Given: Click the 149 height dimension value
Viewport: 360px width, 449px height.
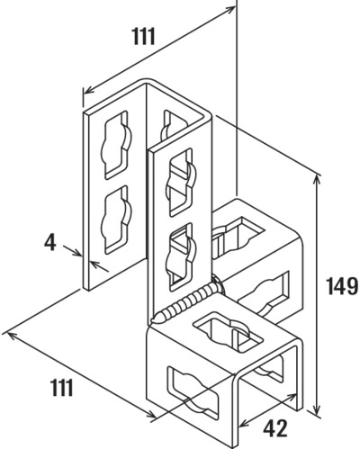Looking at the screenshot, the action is (342, 285).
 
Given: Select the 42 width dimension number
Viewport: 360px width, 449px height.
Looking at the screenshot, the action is (274, 428).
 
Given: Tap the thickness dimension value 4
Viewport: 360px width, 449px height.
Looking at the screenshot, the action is (50, 243).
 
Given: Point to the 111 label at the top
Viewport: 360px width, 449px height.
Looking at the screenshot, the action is (144, 37).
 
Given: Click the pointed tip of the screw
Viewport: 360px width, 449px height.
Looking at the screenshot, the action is (154, 320).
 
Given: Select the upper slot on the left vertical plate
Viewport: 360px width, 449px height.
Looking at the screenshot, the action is (115, 145).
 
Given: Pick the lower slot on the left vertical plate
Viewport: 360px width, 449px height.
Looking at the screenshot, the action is (115, 220).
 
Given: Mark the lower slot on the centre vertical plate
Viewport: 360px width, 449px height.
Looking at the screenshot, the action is (181, 256).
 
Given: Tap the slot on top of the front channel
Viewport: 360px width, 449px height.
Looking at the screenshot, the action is (228, 331).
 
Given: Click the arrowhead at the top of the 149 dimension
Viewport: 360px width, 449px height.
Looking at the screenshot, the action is (317, 179).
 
